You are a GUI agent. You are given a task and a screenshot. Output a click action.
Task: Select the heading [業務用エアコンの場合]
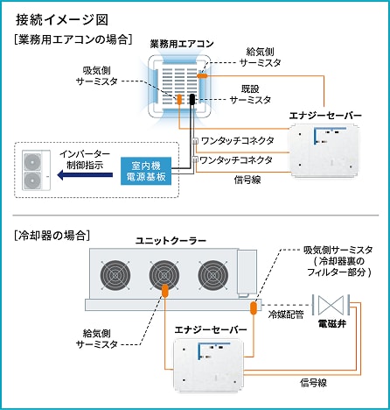coord(73,40)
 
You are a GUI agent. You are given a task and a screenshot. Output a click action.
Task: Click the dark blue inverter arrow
coord(83,173)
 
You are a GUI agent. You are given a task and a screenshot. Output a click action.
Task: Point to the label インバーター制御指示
coord(85,159)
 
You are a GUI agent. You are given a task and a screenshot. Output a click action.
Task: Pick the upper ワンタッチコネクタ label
coord(236,140)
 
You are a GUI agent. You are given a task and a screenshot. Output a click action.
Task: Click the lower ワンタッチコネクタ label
coord(236,160)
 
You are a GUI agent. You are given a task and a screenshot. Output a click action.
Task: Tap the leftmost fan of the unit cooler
coord(115,276)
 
